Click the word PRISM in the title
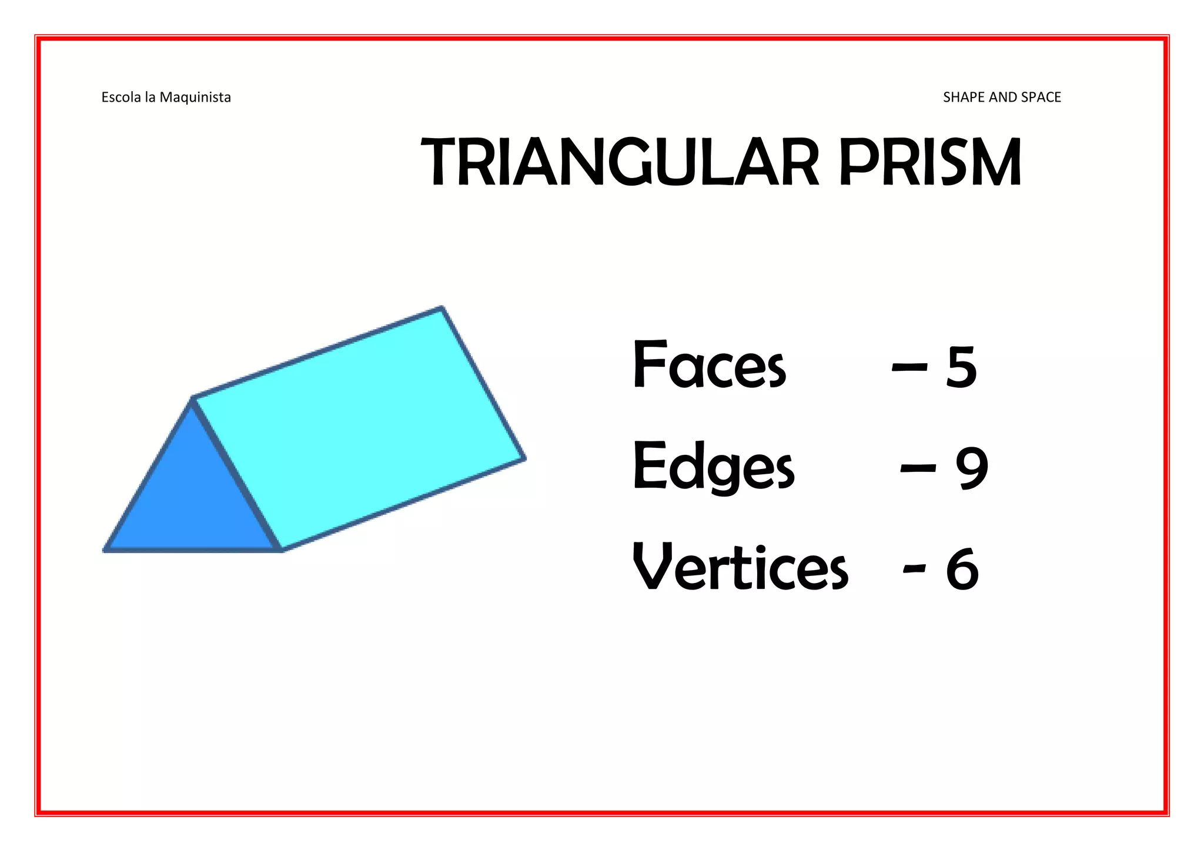click(929, 162)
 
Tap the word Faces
click(708, 366)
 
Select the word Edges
click(713, 468)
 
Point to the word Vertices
click(740, 568)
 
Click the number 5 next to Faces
click(961, 367)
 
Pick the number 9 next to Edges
click(972, 468)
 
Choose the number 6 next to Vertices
click(962, 569)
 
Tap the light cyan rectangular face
click(359, 429)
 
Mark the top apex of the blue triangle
click(192, 400)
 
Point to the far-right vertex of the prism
click(524, 459)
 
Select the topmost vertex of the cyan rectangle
click(442, 307)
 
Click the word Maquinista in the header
click(195, 98)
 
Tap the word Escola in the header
click(121, 98)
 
